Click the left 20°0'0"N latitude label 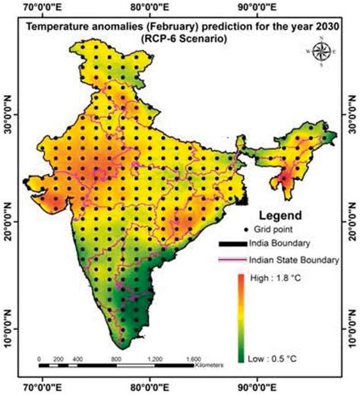coord(9,221)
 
